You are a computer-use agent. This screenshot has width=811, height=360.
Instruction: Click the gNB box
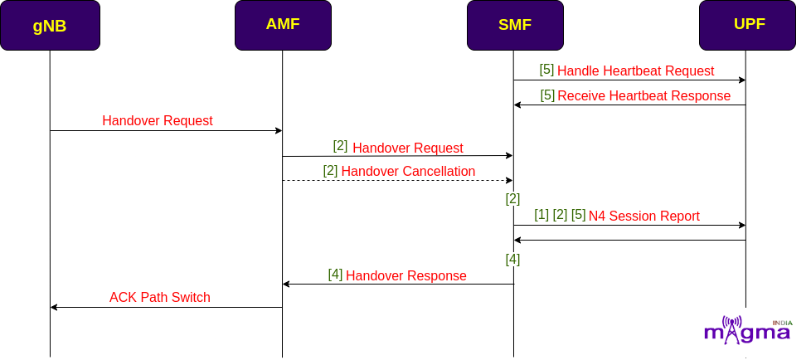tap(50, 26)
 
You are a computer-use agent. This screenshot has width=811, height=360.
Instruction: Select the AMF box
tap(283, 26)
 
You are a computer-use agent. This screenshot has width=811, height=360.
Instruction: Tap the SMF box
tap(515, 26)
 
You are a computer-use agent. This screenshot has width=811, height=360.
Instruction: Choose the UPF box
tap(747, 26)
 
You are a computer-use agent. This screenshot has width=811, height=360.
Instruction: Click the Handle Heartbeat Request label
tap(636, 71)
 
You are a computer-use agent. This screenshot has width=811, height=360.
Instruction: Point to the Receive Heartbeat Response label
tap(644, 95)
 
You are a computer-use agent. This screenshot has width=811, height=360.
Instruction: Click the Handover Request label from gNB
tap(158, 120)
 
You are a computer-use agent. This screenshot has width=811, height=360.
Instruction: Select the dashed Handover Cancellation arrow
tap(397, 181)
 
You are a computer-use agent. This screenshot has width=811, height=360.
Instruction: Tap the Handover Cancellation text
tap(408, 171)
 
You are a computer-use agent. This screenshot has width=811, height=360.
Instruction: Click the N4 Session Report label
tap(644, 216)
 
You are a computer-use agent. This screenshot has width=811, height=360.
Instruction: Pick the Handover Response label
tap(406, 275)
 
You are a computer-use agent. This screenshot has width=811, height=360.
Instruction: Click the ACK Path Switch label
tap(160, 298)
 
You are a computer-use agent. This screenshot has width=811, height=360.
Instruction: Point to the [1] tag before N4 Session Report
tap(541, 215)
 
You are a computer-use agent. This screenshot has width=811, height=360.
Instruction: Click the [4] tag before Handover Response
tap(336, 275)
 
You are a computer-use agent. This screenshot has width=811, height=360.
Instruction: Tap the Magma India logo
tap(748, 329)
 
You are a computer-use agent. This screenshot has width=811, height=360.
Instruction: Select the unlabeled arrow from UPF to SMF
tap(629, 240)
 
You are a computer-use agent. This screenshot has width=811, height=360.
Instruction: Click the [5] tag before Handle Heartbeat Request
tap(546, 70)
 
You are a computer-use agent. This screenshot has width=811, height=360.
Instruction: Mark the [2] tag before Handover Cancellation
tap(331, 170)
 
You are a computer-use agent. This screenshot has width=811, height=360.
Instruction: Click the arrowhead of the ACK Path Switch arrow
tap(53, 308)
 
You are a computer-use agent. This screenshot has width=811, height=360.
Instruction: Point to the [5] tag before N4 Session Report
tap(579, 215)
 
